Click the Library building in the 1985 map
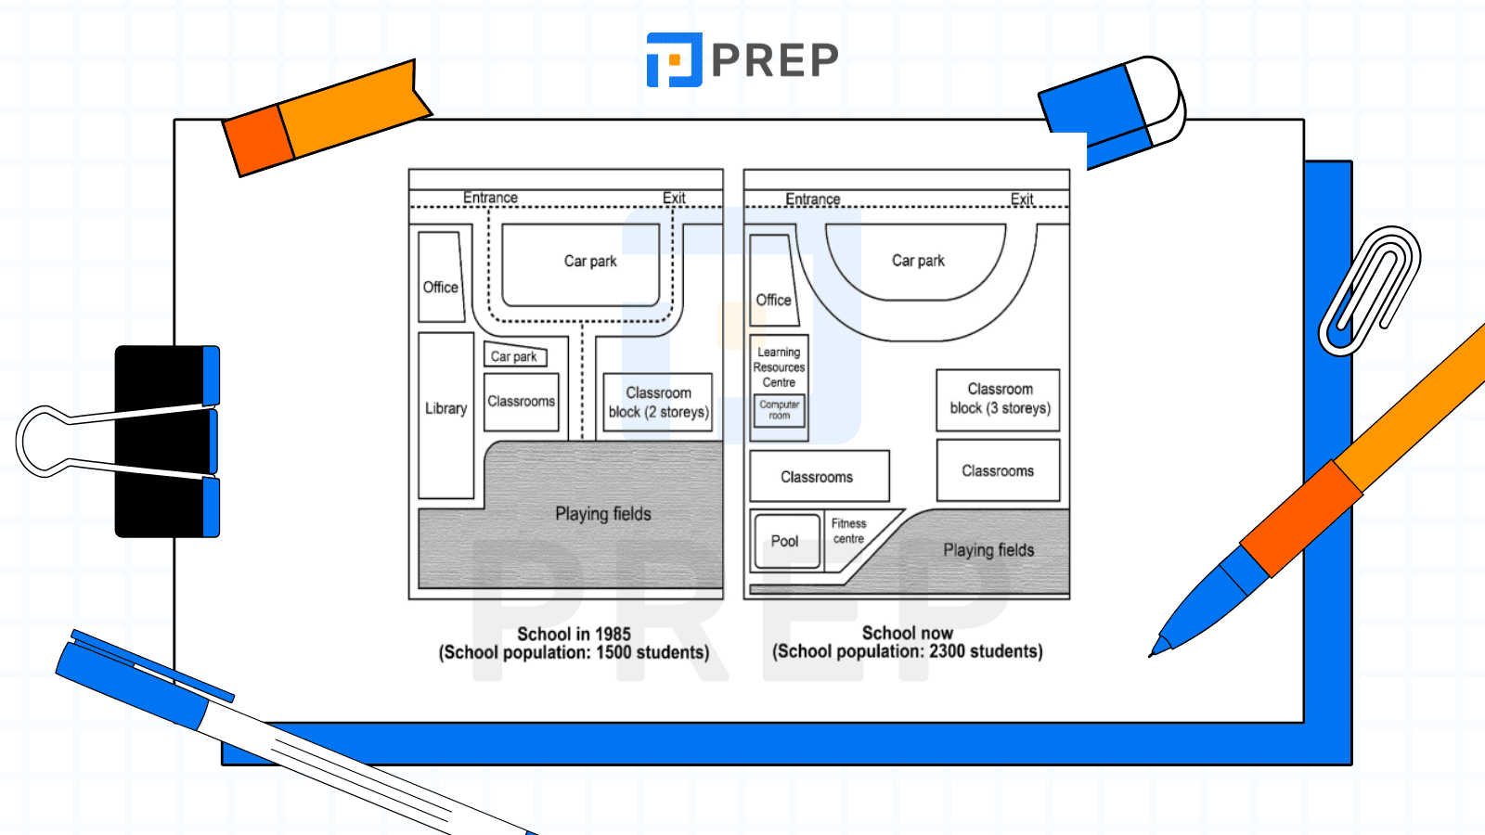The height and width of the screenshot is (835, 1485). (445, 416)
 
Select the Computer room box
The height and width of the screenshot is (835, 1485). (780, 410)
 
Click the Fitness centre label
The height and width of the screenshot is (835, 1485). (848, 531)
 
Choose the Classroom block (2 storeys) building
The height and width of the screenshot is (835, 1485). (658, 403)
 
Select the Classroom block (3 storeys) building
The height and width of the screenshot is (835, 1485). (999, 400)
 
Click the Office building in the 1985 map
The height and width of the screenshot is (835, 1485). (441, 276)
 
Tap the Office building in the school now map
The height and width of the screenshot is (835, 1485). (774, 280)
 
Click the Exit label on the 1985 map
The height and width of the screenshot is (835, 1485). (674, 198)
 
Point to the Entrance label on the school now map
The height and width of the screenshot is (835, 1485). (813, 199)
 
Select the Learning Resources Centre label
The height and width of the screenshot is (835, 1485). (779, 367)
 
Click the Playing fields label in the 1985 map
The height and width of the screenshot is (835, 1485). (603, 514)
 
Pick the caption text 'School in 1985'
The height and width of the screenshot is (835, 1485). (575, 634)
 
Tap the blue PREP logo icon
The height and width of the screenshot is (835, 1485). (674, 59)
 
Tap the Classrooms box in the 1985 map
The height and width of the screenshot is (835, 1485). (521, 403)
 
